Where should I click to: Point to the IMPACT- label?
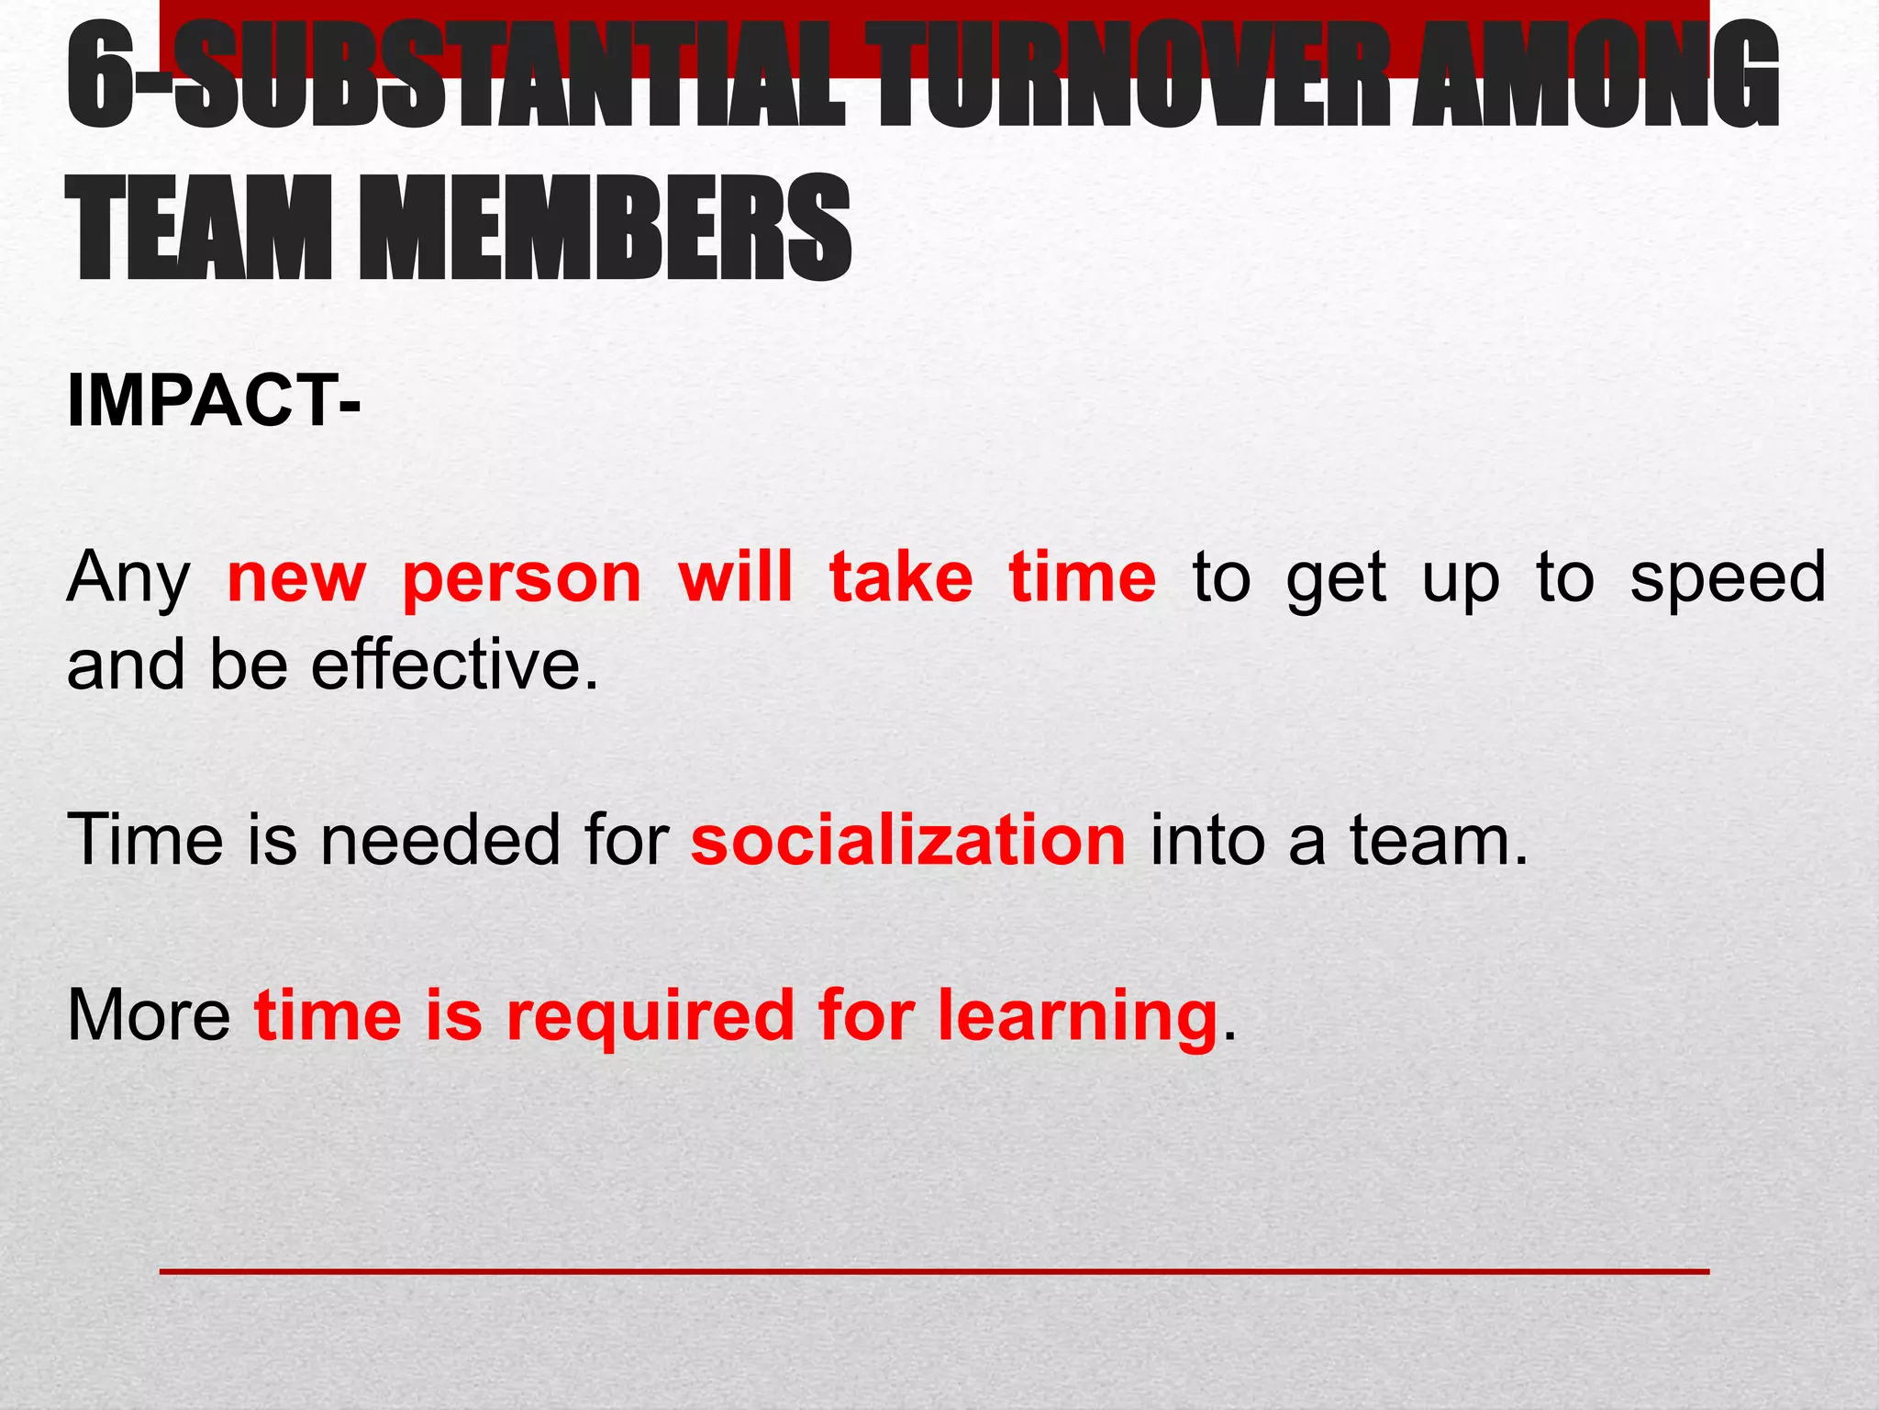pyautogui.click(x=214, y=401)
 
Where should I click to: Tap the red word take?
pyautogui.click(x=901, y=578)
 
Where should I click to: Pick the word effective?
pyautogui.click(x=454, y=665)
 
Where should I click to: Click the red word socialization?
pyautogui.click(x=908, y=840)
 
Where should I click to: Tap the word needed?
pyautogui.click(x=439, y=840)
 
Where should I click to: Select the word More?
pyautogui.click(x=149, y=1015)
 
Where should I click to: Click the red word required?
pyautogui.click(x=650, y=1017)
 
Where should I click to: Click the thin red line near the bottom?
pyautogui.click(x=934, y=1271)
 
